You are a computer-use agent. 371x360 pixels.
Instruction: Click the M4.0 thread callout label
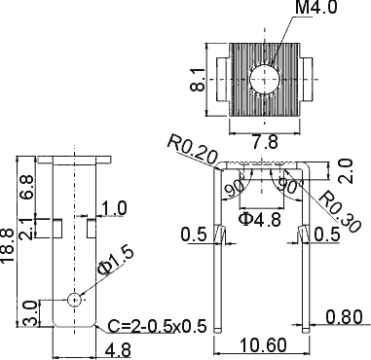click(x=316, y=7)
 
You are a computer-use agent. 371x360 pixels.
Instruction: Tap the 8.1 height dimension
click(x=198, y=80)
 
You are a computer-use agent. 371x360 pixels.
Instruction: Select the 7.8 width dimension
click(x=265, y=142)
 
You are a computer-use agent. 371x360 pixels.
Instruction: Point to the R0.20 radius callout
click(x=192, y=150)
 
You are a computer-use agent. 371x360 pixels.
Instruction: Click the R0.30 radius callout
click(x=340, y=212)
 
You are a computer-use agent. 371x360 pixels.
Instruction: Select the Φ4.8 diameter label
click(x=260, y=220)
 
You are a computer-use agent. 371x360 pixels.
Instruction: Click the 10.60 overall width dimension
click(x=264, y=345)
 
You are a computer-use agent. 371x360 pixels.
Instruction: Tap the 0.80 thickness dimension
click(x=344, y=317)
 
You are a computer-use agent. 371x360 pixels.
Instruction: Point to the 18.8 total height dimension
click(x=7, y=245)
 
